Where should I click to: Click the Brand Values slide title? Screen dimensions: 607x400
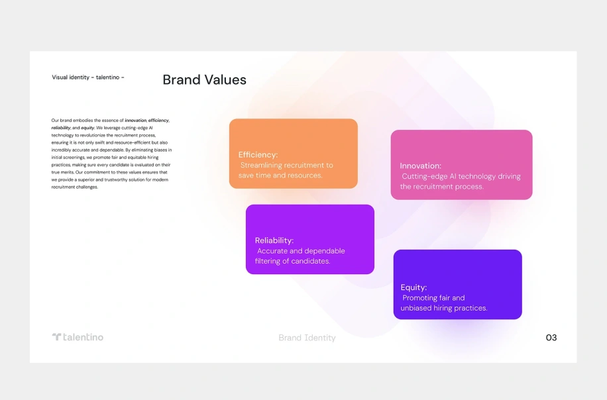coord(204,79)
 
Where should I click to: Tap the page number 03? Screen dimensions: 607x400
coord(551,338)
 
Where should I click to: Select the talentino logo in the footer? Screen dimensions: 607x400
coord(78,337)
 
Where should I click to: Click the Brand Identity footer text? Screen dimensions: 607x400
coord(307,338)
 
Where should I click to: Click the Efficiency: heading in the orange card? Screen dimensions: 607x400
coord(258,155)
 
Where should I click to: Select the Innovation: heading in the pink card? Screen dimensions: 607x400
coord(420,166)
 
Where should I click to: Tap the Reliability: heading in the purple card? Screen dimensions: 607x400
coord(274,240)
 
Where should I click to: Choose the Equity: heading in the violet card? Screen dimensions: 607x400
coord(414,287)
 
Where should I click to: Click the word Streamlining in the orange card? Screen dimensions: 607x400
coord(261,165)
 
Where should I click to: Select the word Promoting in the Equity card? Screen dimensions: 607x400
coord(419,298)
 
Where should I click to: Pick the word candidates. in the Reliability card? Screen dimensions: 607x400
coord(311,261)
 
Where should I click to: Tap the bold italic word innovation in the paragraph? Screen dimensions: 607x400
coord(135,121)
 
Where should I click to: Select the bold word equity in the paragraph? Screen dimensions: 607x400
coord(87,128)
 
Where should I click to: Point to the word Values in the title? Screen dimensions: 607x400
coord(225,79)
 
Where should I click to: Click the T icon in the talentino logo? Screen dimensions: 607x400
coord(56,336)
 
